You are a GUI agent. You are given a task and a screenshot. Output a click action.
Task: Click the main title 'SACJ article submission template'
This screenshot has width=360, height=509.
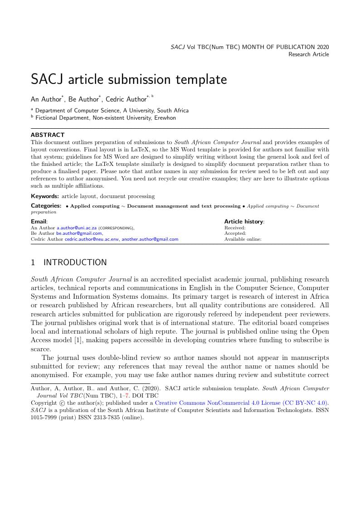129,80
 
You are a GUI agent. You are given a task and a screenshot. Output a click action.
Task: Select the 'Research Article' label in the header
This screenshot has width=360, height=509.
309,54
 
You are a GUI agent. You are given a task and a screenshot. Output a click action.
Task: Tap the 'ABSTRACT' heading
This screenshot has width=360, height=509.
48,135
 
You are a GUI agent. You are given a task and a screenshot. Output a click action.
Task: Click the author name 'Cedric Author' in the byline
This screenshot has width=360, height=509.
126,99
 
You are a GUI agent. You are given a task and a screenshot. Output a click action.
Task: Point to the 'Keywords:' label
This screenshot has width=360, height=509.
45,196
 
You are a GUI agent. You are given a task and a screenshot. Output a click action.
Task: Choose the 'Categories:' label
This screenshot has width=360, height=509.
46,206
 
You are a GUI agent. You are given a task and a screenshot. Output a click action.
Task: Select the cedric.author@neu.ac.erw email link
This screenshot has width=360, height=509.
92,239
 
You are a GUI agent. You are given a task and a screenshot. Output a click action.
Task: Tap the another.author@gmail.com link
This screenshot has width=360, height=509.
150,239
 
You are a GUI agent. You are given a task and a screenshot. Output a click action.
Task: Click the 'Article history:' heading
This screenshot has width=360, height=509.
244,222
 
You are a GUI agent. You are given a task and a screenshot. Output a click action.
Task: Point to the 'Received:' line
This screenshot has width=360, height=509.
235,228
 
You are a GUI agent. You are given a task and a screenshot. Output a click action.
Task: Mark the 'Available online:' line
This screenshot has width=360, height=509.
243,239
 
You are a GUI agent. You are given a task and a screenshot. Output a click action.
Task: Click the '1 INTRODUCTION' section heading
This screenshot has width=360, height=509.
69,262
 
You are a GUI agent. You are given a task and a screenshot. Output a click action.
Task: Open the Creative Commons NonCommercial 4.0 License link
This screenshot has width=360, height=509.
241,402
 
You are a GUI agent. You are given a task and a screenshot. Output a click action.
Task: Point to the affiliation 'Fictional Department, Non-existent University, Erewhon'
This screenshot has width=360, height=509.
105,118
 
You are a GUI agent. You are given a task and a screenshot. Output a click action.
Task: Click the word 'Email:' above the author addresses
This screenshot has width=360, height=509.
39,222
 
